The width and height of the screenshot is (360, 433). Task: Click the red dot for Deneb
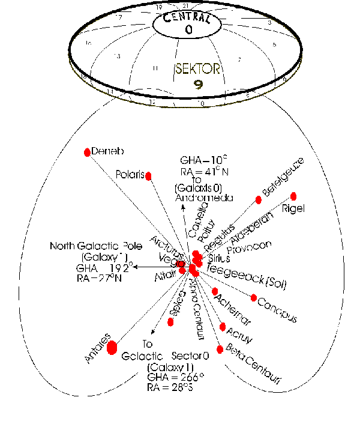(x=88, y=152)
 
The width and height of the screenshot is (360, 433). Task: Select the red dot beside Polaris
(x=149, y=175)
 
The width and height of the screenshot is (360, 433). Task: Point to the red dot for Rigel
(x=294, y=196)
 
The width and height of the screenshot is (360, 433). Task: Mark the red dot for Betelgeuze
(x=259, y=199)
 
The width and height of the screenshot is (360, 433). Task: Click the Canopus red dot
(x=254, y=297)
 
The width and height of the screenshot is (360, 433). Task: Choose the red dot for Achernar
(x=215, y=291)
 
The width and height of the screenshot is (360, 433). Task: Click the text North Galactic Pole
(x=88, y=246)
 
